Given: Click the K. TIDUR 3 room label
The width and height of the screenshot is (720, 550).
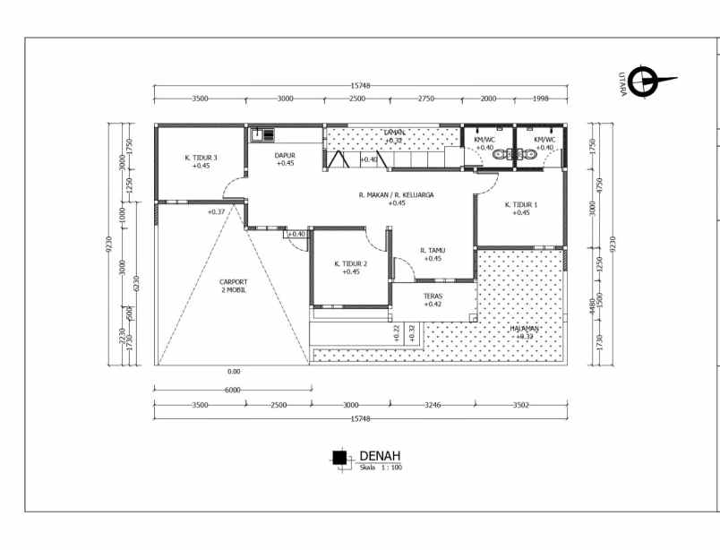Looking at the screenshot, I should (x=201, y=158).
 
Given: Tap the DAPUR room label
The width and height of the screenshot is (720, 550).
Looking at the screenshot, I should (x=285, y=156).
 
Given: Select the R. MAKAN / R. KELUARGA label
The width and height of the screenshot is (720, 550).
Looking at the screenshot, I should (x=396, y=194).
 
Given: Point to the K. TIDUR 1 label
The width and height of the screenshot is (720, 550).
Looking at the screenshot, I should (x=521, y=205).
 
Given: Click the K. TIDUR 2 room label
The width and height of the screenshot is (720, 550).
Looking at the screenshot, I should (x=350, y=264).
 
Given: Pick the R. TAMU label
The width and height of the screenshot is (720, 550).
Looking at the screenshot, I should (x=433, y=251).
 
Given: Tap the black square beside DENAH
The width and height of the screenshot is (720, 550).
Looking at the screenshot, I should (x=339, y=458).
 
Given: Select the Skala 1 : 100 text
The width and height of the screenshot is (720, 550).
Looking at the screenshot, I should (x=381, y=468).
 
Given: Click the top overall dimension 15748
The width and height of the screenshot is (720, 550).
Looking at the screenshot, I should (x=360, y=86).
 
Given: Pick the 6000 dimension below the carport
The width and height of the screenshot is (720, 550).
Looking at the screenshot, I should (x=233, y=391).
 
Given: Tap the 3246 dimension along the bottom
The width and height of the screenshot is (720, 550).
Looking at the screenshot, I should (x=433, y=406).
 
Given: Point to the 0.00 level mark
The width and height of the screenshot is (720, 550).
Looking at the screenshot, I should (x=234, y=371).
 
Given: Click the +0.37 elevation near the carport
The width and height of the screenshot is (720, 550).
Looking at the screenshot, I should (x=216, y=212).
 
